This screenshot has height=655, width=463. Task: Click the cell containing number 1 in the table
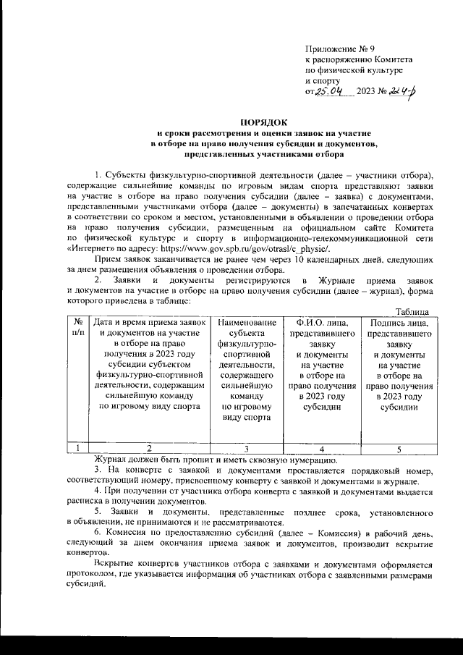tap(75, 448)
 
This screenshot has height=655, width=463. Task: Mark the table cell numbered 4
tap(320, 448)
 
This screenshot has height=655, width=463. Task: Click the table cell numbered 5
tap(399, 448)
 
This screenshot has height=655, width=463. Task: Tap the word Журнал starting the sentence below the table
tap(111, 459)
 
